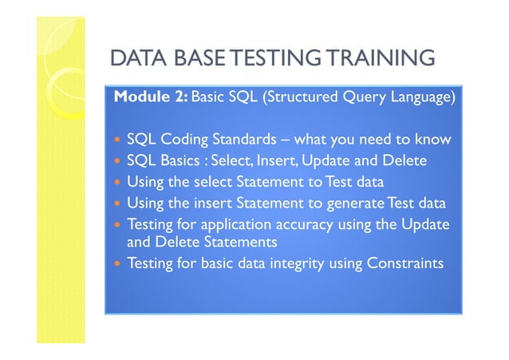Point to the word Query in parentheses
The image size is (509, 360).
361,98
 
